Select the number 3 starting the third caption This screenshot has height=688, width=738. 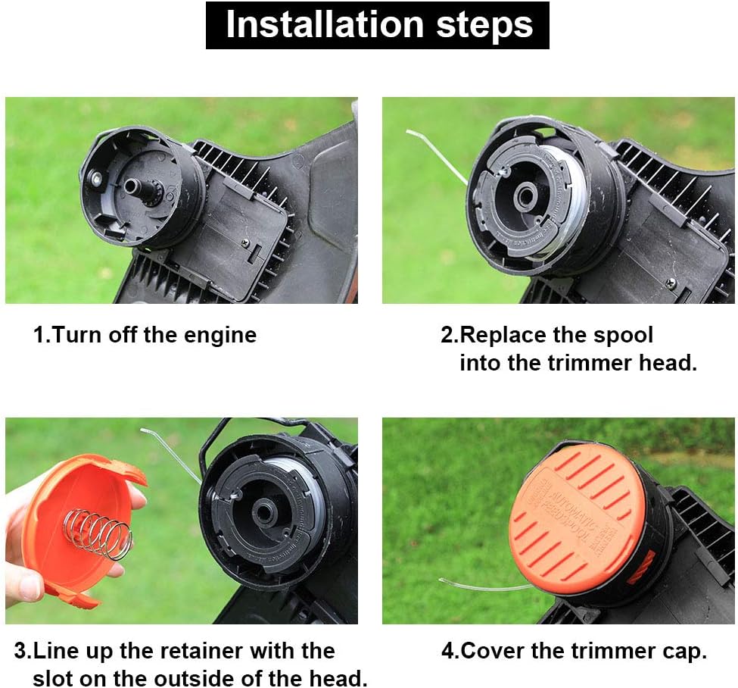tap(20, 651)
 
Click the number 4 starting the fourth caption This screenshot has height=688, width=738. tap(447, 651)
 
